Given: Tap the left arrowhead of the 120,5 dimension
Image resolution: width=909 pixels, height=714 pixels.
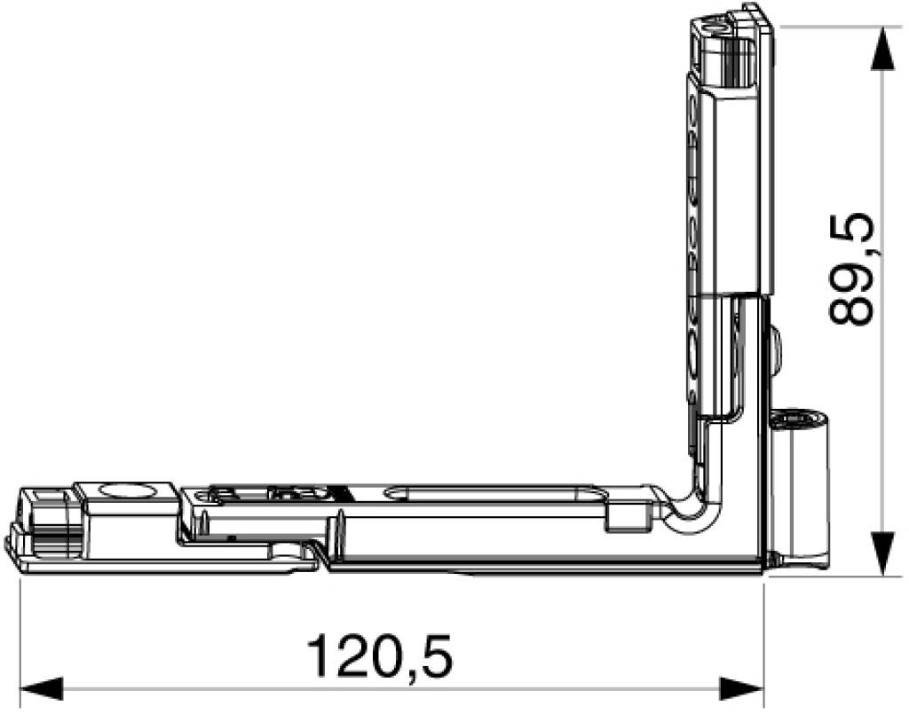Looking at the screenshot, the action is [x=41, y=688].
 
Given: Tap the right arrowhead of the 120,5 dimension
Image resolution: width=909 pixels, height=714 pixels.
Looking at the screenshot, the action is [x=741, y=688].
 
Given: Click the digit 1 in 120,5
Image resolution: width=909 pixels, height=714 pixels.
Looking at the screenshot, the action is [x=319, y=655].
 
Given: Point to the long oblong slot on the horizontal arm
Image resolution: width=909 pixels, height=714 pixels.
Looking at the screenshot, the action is [x=493, y=493].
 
